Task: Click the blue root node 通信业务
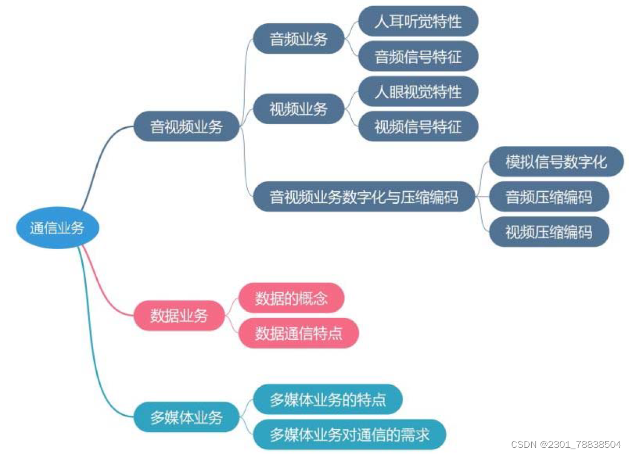click(x=57, y=228)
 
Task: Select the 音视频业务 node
click(x=186, y=127)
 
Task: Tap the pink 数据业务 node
click(x=179, y=315)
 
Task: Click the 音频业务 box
click(x=298, y=39)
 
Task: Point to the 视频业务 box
click(x=298, y=109)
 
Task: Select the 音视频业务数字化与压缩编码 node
click(x=364, y=196)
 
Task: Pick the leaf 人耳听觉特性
click(x=418, y=22)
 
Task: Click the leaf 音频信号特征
click(x=418, y=56)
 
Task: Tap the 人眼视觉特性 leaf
click(x=418, y=92)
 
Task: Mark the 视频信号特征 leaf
click(x=418, y=126)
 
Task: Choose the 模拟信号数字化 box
click(x=556, y=161)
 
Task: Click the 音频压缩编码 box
click(x=549, y=196)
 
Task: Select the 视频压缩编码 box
click(x=549, y=232)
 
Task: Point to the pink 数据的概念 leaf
click(x=291, y=298)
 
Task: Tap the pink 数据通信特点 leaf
click(x=298, y=333)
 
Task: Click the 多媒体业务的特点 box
click(x=327, y=399)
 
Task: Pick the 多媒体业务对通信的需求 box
click(x=349, y=434)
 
